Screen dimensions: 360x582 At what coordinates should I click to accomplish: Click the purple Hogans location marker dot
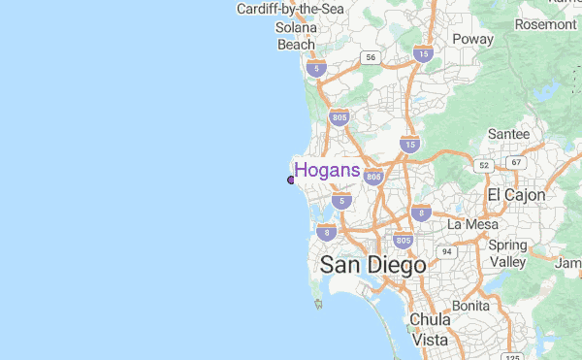click(x=291, y=180)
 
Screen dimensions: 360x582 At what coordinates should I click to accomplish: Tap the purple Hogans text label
click(x=327, y=171)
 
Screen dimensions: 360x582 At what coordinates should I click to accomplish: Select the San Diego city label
click(x=372, y=264)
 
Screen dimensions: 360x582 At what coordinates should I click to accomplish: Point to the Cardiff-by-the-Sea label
click(x=290, y=9)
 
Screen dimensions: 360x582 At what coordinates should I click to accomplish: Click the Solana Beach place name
click(x=297, y=36)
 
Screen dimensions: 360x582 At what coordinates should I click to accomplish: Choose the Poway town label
click(x=472, y=39)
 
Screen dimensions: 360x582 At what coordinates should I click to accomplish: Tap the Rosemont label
click(x=546, y=23)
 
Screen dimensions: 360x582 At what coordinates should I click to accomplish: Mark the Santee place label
click(x=508, y=133)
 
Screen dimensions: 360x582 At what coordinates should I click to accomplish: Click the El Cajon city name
click(x=516, y=195)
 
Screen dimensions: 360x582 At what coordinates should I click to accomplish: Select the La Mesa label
click(x=472, y=224)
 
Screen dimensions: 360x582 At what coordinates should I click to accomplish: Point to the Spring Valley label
click(x=507, y=253)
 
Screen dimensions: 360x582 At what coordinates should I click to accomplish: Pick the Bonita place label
click(x=470, y=305)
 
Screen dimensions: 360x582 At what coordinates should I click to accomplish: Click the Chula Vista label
click(x=430, y=329)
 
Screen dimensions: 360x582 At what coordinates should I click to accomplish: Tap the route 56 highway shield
click(x=370, y=58)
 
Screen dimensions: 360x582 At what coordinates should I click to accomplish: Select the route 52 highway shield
click(x=484, y=166)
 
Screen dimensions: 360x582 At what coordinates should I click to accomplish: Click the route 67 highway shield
click(x=516, y=162)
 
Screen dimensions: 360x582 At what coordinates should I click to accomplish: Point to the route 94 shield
click(x=446, y=251)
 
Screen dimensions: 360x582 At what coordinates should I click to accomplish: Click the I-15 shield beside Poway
click(x=422, y=54)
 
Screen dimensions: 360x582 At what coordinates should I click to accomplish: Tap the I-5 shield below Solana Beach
click(x=315, y=68)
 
